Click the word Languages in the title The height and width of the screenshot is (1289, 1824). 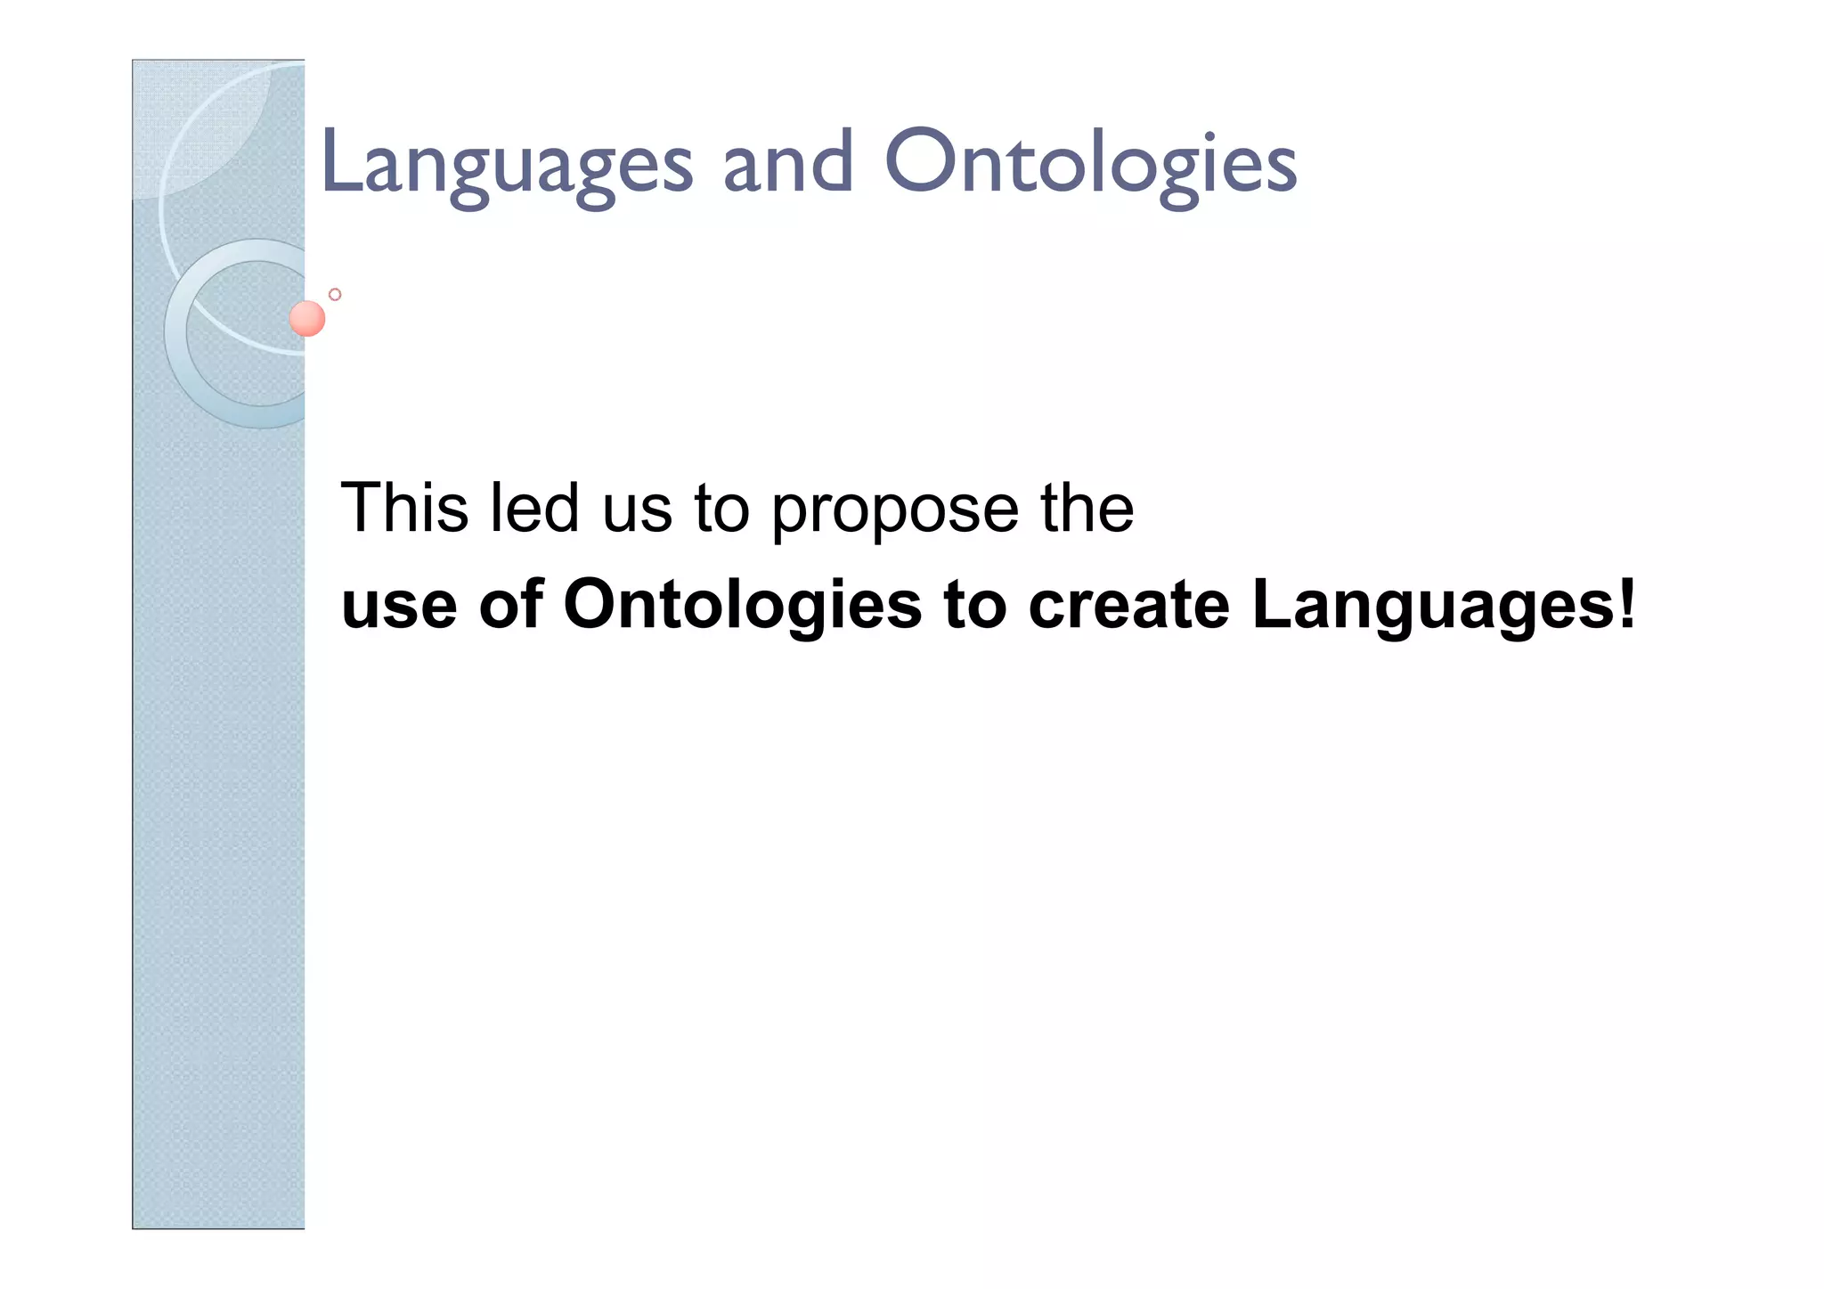tap(506, 165)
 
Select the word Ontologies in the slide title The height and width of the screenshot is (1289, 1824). tap(1090, 165)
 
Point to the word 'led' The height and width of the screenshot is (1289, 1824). tap(534, 508)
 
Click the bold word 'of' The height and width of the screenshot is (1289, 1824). tap(510, 604)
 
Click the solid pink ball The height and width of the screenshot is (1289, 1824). tap(307, 318)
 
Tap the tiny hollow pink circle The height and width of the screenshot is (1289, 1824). tap(335, 294)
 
